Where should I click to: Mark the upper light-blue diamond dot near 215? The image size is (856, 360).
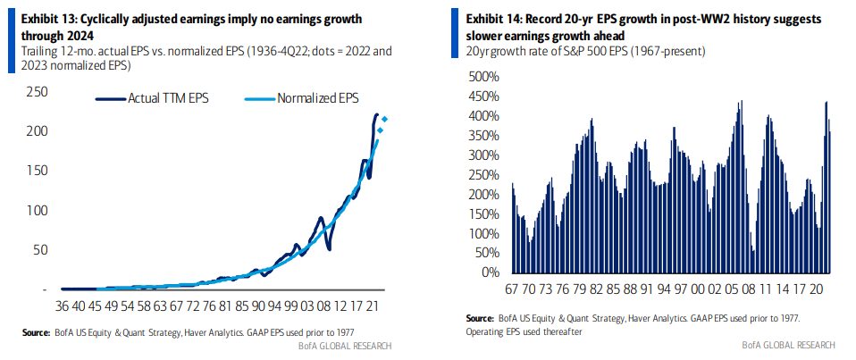(x=384, y=120)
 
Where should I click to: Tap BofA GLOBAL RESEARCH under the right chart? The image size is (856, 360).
(x=788, y=345)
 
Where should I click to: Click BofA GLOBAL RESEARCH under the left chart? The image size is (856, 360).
(x=345, y=345)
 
